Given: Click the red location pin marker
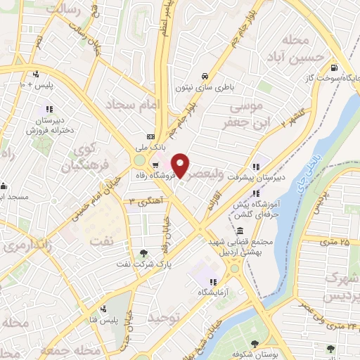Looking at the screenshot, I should (x=180, y=165).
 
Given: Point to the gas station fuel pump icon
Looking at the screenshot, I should (x=333, y=69).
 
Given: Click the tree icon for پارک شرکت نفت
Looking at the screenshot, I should (x=144, y=252).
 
